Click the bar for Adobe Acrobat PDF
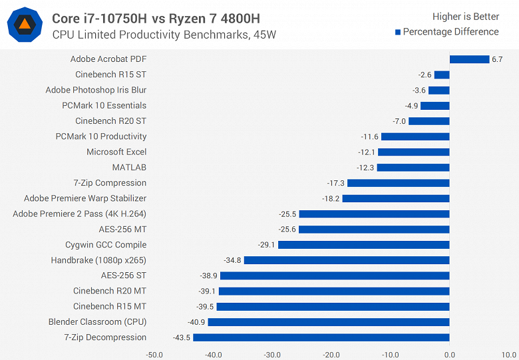[469, 59]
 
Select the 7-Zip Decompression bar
[321, 337]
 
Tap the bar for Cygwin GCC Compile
[363, 245]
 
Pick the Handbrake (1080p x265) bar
[347, 260]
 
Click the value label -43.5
[180, 337]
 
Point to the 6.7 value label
[498, 59]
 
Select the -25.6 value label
[286, 230]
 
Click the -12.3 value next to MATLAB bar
[365, 168]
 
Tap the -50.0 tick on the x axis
[154, 355]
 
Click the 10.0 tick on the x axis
[508, 355]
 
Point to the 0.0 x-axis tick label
[450, 355]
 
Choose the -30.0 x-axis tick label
[272, 355]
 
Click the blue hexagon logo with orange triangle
[25, 25]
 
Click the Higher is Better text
[466, 17]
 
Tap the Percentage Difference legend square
[398, 32]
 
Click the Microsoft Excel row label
[116, 152]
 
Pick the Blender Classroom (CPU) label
[97, 322]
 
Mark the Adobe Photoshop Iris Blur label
[96, 90]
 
